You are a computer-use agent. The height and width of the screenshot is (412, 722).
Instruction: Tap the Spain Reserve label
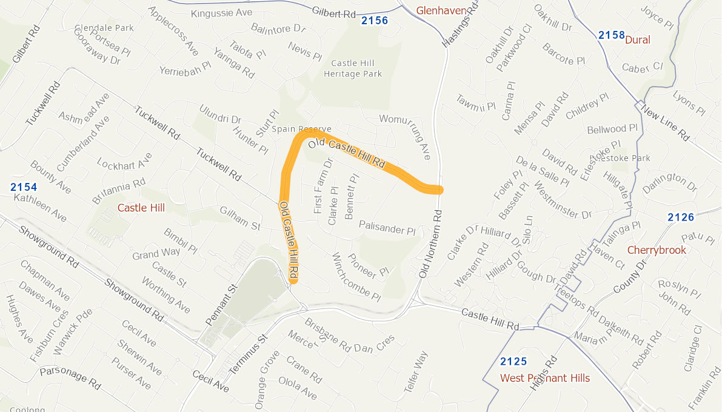click(x=302, y=129)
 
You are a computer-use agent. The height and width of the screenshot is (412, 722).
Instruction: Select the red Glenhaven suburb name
click(x=441, y=10)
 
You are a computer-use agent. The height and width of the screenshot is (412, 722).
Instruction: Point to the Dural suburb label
click(x=637, y=40)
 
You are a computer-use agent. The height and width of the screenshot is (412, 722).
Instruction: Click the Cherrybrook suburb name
click(x=657, y=250)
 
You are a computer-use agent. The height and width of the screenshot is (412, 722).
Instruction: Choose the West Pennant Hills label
click(x=544, y=378)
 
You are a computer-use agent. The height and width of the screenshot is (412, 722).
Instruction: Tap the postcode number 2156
click(x=374, y=21)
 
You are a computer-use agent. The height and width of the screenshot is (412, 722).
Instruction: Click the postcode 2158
click(x=611, y=35)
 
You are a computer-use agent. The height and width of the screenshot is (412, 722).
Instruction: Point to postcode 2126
click(x=681, y=217)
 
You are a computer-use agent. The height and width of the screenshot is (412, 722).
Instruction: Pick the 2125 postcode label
click(x=513, y=362)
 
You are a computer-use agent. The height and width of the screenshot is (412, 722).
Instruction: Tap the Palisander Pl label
click(x=387, y=228)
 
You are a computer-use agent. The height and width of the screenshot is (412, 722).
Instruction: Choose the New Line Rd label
click(x=665, y=123)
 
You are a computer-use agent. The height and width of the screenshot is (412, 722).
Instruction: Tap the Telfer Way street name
click(x=416, y=373)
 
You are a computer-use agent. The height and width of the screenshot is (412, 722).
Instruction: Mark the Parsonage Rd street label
click(x=70, y=377)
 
